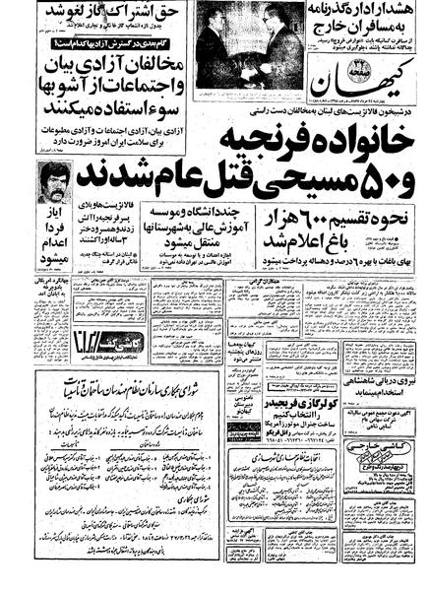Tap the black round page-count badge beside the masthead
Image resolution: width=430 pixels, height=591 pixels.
click(327, 64)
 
